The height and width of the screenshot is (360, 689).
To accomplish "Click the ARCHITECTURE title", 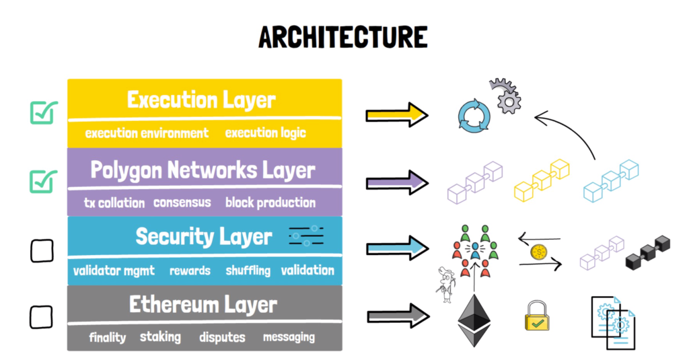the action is point(342,37).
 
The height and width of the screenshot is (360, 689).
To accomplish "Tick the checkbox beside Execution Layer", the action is point(44,112).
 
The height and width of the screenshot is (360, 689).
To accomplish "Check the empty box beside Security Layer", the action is point(42,251).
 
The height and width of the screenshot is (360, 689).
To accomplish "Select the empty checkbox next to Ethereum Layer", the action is point(41,317).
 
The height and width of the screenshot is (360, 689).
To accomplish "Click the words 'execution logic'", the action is point(265,133).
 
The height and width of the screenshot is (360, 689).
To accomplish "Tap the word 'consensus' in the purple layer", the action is point(182,203).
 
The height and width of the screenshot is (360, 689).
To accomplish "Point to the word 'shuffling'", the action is point(248,271).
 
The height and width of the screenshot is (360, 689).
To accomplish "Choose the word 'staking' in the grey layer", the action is point(160,337).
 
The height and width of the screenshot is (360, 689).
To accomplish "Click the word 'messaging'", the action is point(289,337).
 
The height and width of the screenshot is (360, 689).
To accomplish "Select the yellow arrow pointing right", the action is point(397,115).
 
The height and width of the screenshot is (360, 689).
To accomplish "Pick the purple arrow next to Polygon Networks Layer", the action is point(397,182).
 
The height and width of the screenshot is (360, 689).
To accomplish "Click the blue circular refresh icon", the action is point(474,116).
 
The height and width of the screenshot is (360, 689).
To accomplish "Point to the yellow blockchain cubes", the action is point(542,180).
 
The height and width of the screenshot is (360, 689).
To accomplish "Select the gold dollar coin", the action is point(539,252).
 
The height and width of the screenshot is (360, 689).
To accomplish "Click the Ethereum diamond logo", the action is point(474,320).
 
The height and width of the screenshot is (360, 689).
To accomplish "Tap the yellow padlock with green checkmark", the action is point(537,316).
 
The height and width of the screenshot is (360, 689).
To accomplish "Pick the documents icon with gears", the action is point(613,322).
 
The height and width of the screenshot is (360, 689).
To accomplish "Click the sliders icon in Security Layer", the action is point(306,236).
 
